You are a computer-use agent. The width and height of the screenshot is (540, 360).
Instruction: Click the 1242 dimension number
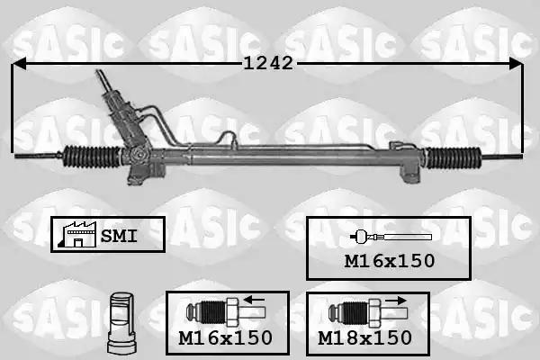point(268,63)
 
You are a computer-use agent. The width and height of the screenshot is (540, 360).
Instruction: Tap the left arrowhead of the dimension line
point(19,64)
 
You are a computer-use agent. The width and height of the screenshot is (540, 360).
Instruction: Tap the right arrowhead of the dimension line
point(516,64)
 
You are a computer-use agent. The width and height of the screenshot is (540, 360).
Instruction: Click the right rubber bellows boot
point(454,157)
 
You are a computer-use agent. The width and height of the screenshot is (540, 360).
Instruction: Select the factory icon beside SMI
point(77,234)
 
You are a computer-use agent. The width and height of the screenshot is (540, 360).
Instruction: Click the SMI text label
point(119,236)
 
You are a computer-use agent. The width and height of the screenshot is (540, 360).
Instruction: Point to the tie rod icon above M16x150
point(391,237)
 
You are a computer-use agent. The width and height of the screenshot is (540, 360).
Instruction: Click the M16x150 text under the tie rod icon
point(390,261)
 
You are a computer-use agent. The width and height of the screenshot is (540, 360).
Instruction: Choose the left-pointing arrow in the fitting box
point(254,300)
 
